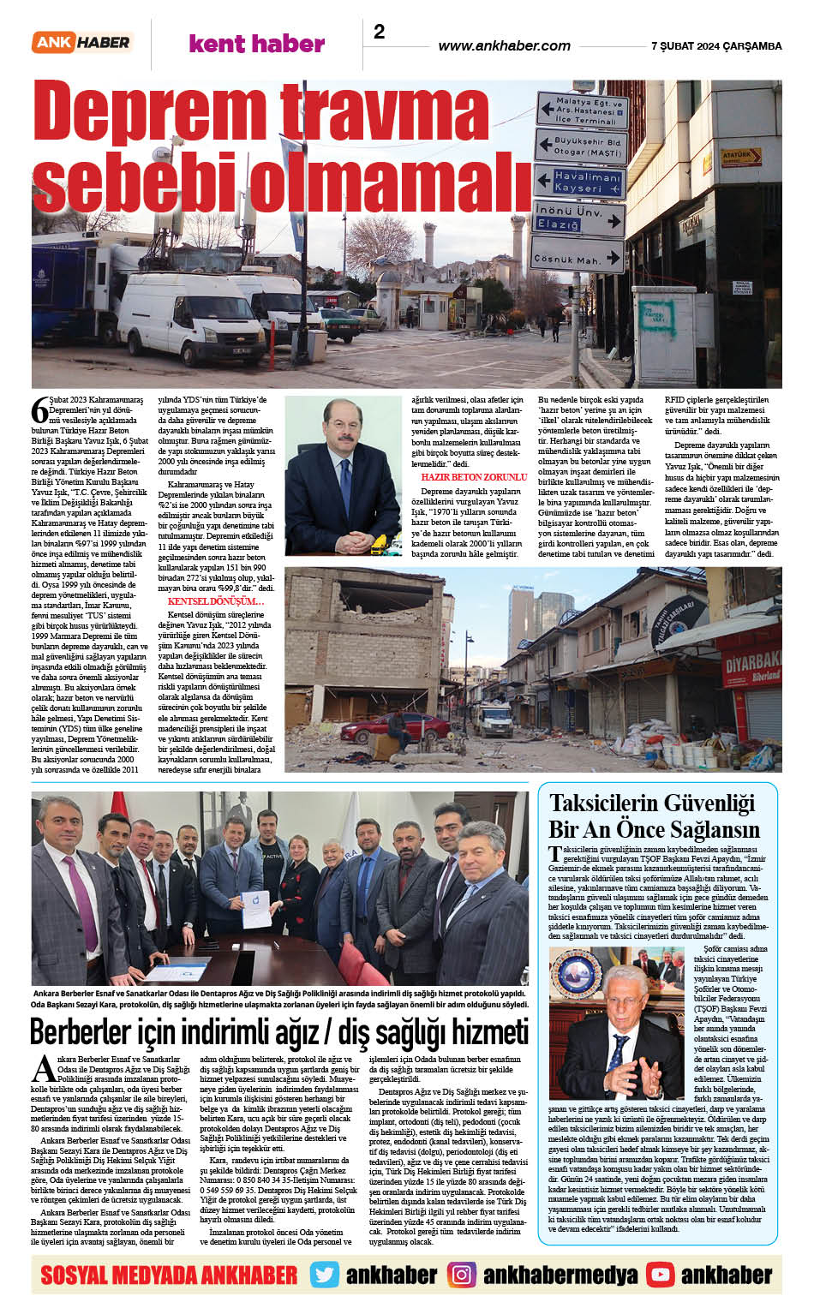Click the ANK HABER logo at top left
pyautogui.click(x=81, y=42)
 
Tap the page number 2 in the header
pyautogui.click(x=379, y=32)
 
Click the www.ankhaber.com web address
pyautogui.click(x=504, y=45)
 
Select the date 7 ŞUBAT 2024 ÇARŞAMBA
pyautogui.click(x=716, y=46)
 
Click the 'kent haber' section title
pyautogui.click(x=256, y=44)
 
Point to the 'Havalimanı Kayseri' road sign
pyautogui.click(x=580, y=182)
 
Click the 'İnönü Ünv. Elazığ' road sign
pyautogui.click(x=579, y=218)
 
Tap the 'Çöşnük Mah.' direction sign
pyautogui.click(x=579, y=257)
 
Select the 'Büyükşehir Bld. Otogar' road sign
pyautogui.click(x=582, y=146)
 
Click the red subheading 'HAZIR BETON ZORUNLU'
pyautogui.click(x=473, y=477)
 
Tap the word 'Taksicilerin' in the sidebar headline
pyautogui.click(x=610, y=803)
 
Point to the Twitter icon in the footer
pyautogui.click(x=324, y=1275)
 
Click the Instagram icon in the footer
pyautogui.click(x=462, y=1275)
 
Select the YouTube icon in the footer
pyautogui.click(x=660, y=1275)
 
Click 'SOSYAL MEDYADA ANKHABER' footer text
pyautogui.click(x=169, y=1275)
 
